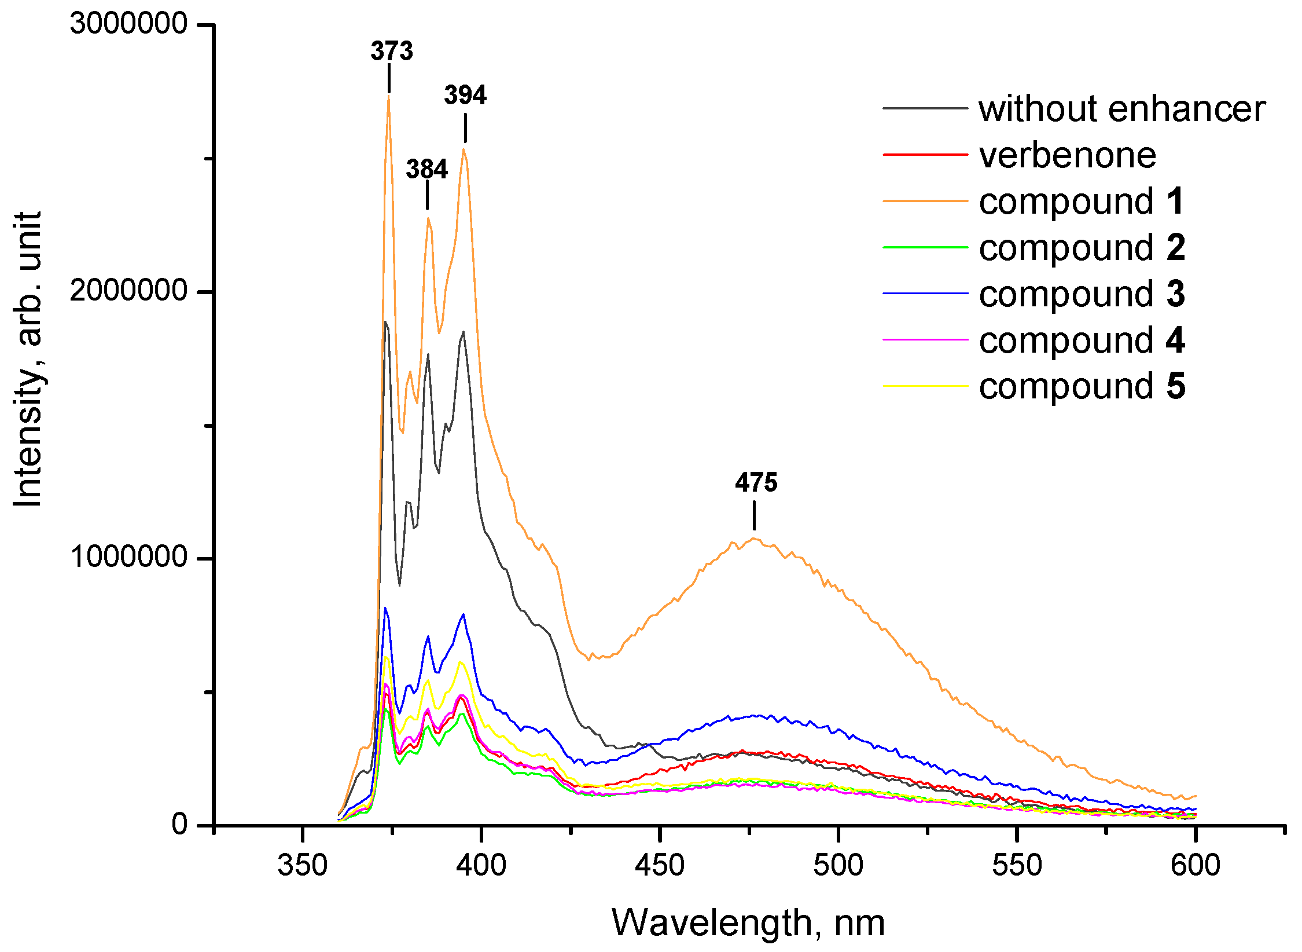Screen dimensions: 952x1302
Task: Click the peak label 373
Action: (392, 51)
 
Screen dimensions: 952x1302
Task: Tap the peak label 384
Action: (427, 169)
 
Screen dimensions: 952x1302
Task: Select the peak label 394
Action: (465, 95)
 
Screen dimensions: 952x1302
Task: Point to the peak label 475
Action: (756, 482)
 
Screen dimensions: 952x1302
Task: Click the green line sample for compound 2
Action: (925, 247)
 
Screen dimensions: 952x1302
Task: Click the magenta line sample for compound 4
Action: (925, 339)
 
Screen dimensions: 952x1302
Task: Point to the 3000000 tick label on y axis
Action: (128, 24)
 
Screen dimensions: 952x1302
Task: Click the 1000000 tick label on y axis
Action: (128, 557)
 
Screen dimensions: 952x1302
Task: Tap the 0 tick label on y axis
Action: (180, 824)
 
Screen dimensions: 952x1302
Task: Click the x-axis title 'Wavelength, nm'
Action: (748, 922)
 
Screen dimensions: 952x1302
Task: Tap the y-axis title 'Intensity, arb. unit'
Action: (28, 359)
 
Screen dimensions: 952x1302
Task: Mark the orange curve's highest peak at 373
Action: (389, 96)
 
